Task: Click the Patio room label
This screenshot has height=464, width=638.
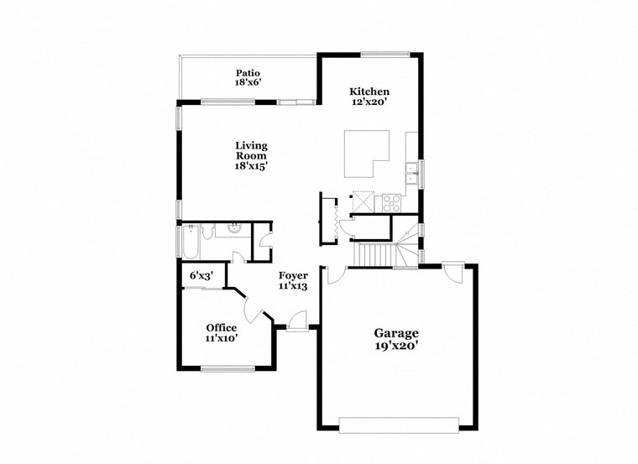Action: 245,73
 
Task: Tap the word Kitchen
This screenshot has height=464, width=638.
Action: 369,91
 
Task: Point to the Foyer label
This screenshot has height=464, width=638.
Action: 293,275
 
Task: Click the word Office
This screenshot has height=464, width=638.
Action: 222,327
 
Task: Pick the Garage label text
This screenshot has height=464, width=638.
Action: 396,333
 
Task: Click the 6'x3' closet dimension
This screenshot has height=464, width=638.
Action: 201,275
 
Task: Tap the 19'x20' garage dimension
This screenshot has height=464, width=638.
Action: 396,345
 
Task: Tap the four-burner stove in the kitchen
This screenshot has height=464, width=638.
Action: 392,202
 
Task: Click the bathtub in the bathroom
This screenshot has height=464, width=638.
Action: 190,242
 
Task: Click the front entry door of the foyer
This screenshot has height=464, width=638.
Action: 297,323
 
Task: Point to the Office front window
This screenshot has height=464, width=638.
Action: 227,368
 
